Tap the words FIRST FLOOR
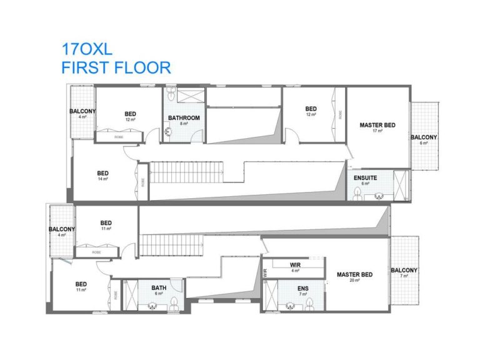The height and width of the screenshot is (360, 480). coord(116,67)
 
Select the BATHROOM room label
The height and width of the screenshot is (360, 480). coord(184,117)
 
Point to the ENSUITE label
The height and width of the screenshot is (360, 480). coord(365,178)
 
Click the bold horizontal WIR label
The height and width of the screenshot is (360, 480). coord(296,265)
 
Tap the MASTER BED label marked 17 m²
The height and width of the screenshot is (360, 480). coord(377,125)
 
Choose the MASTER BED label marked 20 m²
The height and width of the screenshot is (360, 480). coord(354,274)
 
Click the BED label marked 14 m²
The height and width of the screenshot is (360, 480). coord(103,173)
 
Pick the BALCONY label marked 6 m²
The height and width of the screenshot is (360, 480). coord(424,137)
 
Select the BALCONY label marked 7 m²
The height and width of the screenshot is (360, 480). coord(404,271)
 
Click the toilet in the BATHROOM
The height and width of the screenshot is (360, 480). coord(167,132)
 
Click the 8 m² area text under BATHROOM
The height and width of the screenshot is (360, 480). coord(184,124)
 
